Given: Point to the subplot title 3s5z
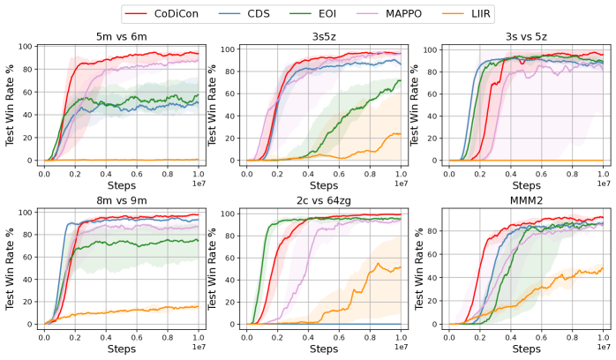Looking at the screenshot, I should (323, 36).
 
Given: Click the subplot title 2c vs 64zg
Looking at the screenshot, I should (323, 200).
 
